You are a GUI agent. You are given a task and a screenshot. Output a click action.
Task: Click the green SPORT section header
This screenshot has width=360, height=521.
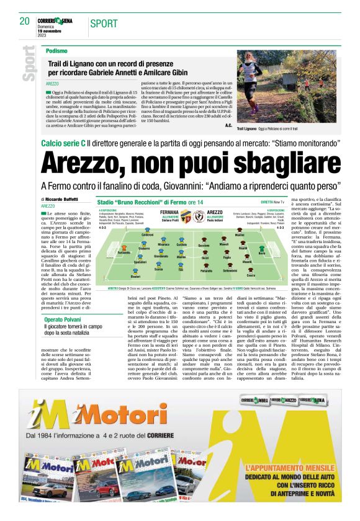coord(103,24)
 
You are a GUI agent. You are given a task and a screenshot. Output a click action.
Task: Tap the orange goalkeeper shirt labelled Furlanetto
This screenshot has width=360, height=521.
coord(124,249)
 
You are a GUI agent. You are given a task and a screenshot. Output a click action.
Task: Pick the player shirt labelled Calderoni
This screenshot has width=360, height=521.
coord(148,230)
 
